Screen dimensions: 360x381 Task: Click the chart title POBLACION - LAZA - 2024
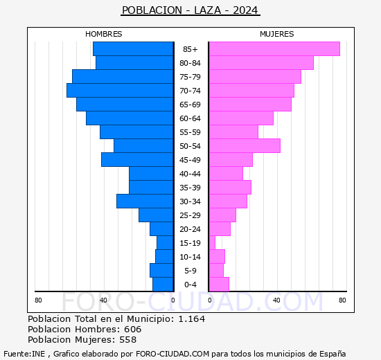[190, 10]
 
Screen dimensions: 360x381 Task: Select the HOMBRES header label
[104, 34]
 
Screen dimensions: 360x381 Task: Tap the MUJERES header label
[276, 34]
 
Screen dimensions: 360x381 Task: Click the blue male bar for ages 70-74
[120, 91]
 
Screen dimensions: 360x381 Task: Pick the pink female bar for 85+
[274, 49]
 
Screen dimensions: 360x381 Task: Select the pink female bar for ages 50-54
[244, 146]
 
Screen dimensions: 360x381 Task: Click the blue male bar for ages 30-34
[145, 201]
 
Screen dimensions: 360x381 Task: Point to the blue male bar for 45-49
[137, 160]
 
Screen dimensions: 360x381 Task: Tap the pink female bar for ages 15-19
[212, 243]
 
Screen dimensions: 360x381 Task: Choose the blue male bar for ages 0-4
[163, 285]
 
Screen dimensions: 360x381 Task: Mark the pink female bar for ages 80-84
[260, 63]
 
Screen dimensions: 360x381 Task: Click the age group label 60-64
[190, 118]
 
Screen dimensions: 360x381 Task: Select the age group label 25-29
[190, 215]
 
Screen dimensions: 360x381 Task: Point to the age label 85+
[190, 49]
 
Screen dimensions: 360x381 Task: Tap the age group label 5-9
[190, 271]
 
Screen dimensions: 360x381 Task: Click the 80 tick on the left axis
[39, 300]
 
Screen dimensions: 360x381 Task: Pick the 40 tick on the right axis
[276, 300]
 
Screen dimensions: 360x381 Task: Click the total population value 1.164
[191, 318]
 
